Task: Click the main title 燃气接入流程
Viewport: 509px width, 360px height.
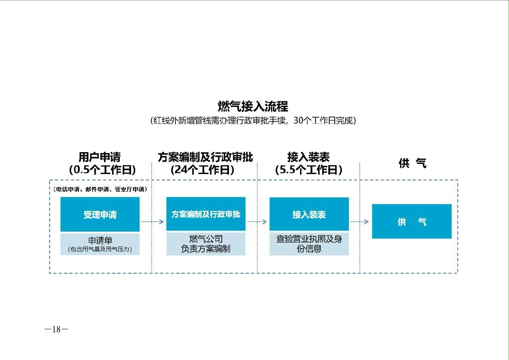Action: click(253, 107)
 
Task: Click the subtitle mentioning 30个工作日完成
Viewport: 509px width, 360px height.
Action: click(253, 121)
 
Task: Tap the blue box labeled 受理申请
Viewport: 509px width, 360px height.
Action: click(100, 214)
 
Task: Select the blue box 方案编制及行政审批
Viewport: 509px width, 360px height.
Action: click(206, 214)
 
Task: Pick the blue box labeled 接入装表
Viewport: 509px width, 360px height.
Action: click(309, 214)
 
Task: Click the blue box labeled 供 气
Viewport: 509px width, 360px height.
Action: click(412, 221)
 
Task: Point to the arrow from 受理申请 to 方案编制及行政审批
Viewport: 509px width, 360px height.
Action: click(152, 222)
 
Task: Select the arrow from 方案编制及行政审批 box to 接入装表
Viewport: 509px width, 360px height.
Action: click(257, 222)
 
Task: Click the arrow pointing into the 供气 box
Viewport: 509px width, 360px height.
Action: click(359, 222)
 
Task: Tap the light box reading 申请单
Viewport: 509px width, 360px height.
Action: click(100, 244)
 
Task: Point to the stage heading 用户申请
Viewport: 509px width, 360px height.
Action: click(100, 157)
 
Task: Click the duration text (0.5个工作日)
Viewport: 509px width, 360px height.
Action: click(102, 170)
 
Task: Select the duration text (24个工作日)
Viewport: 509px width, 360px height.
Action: click(202, 170)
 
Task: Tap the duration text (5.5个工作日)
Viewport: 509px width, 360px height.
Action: click(309, 170)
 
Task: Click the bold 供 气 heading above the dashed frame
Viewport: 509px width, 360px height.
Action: click(413, 163)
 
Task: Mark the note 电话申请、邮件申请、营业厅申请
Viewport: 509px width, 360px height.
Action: click(100, 189)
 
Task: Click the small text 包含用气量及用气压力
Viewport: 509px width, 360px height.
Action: click(100, 249)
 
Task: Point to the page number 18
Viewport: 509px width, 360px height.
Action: click(56, 329)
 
